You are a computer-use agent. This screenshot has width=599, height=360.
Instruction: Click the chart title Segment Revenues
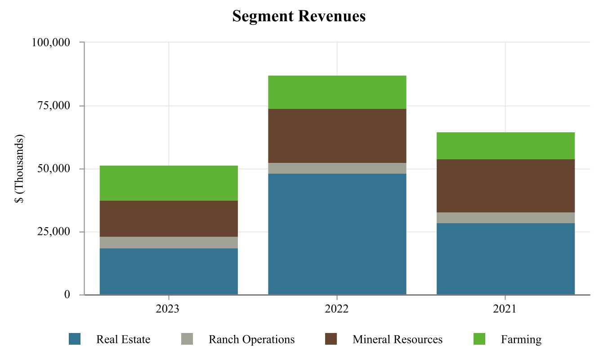click(x=299, y=17)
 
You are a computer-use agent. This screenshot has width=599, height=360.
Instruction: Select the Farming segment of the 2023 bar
click(x=169, y=183)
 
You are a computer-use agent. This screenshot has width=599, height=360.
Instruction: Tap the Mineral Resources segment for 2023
click(x=169, y=219)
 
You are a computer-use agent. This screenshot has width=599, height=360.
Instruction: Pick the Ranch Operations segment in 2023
click(x=169, y=243)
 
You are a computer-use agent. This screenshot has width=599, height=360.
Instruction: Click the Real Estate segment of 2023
click(x=169, y=271)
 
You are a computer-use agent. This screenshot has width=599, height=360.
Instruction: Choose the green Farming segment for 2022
click(x=337, y=92)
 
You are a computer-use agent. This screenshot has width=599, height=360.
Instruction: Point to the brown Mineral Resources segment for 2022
click(x=337, y=136)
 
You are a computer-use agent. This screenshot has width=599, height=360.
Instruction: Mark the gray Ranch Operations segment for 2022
click(x=337, y=168)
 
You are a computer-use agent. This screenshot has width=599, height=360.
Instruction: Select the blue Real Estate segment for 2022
click(x=337, y=234)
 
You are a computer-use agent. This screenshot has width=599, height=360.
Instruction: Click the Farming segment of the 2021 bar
click(x=505, y=146)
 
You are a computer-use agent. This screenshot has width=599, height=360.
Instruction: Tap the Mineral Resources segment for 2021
click(x=505, y=186)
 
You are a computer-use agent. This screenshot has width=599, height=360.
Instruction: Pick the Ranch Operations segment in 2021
click(x=505, y=218)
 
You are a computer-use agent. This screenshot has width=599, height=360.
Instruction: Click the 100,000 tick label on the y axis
click(x=51, y=43)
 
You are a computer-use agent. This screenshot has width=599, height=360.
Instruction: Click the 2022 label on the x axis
click(x=337, y=310)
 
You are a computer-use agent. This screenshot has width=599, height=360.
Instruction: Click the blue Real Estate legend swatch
click(x=75, y=339)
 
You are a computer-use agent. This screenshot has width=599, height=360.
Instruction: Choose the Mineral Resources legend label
click(x=398, y=339)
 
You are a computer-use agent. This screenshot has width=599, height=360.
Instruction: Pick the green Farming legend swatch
click(x=480, y=339)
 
